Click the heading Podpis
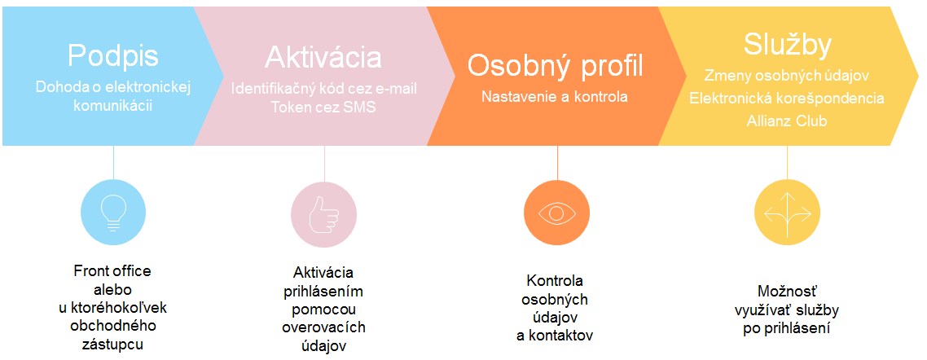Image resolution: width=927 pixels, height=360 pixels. (113, 56)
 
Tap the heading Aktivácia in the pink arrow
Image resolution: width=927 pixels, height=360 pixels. (323, 57)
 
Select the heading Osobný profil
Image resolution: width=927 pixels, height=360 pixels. (555, 66)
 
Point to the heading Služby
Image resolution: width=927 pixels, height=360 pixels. (788, 46)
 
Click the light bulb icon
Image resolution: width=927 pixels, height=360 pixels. (113, 211)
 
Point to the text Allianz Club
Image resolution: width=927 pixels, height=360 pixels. (788, 121)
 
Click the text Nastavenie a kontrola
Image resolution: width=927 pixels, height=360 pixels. (555, 96)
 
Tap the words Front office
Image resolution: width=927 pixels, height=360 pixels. (112, 271)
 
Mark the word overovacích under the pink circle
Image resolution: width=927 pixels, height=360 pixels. (323, 327)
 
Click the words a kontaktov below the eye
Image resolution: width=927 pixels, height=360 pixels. (555, 336)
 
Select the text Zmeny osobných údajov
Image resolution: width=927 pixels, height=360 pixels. (787, 77)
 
